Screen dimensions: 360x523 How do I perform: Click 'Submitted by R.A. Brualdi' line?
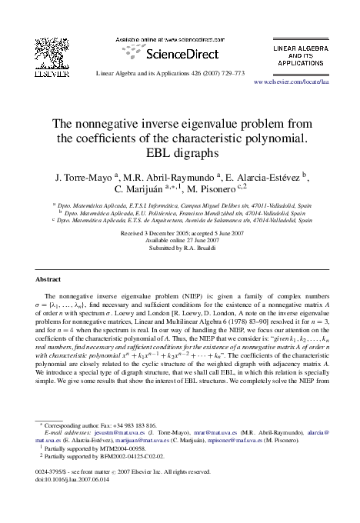[179, 248]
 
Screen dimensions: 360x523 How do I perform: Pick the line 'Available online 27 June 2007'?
[179, 240]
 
